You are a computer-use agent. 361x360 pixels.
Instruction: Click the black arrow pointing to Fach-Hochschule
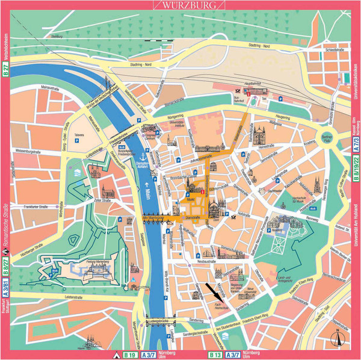pyautogui.click(x=212, y=292)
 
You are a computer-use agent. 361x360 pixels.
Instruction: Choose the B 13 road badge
pyautogui.click(x=215, y=355)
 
